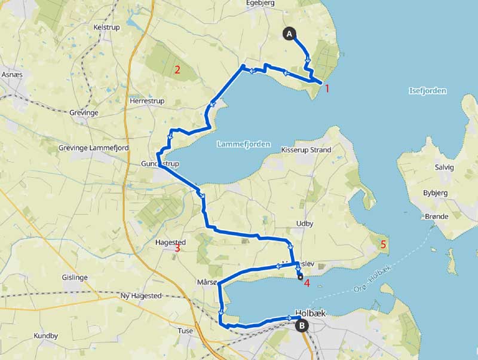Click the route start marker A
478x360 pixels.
(x=290, y=34)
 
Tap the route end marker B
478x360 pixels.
(x=302, y=326)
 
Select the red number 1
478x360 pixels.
(x=327, y=88)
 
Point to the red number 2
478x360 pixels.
(x=177, y=69)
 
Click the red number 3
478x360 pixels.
(x=177, y=248)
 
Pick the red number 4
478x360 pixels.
(x=307, y=283)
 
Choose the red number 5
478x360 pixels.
(x=384, y=244)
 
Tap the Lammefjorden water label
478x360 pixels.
(x=243, y=144)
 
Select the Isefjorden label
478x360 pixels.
(x=428, y=91)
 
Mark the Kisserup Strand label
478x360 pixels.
(x=305, y=150)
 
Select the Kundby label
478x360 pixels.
(x=45, y=336)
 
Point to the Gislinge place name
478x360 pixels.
(x=75, y=277)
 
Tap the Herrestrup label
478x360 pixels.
(x=146, y=101)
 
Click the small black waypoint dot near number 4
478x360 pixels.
(x=300, y=277)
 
